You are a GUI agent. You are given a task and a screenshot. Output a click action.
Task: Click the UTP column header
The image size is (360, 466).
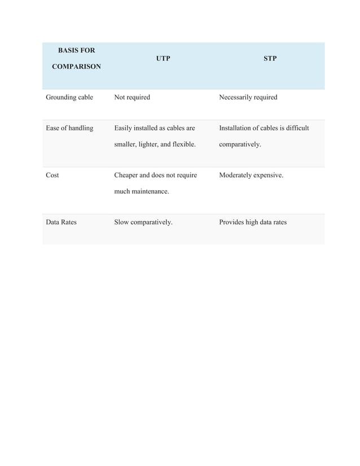163,58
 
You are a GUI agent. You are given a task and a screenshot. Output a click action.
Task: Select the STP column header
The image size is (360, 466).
270,58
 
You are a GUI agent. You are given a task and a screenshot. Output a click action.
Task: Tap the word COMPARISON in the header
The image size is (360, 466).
76,67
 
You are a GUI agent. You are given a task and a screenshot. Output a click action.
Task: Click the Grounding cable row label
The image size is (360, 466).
69,97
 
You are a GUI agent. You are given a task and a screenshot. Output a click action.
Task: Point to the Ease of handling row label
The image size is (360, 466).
69,128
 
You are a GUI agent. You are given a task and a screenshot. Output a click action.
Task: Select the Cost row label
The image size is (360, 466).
52,175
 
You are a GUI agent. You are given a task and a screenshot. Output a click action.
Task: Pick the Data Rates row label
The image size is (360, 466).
61,222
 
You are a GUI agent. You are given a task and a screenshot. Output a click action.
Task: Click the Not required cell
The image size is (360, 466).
132,97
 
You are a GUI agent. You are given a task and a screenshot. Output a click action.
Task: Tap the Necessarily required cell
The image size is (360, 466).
248,97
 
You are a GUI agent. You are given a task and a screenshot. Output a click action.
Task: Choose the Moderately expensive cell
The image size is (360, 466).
251,175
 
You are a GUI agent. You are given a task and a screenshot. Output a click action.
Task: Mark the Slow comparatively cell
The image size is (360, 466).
143,222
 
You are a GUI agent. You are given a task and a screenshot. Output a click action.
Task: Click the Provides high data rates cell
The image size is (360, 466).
252,222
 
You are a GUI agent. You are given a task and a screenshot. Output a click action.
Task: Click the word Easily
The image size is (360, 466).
125,128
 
